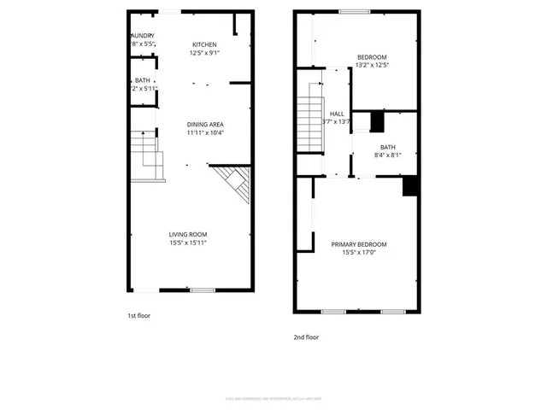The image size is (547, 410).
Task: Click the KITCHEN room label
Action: coord(204,44)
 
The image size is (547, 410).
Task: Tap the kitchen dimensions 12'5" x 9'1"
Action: coord(204,53)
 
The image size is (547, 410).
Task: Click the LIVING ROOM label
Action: coord(188,235)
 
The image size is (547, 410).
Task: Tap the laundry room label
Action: coord(142,36)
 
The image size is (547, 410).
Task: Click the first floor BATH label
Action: coord(142,80)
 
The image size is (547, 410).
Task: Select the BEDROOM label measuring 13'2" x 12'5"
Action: coord(372,57)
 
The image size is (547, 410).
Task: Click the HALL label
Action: coord(337,113)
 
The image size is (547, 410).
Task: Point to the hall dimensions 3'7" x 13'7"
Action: coord(337,121)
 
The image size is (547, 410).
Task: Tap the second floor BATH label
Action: coord(388,147)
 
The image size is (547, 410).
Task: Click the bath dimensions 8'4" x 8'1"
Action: coord(388,155)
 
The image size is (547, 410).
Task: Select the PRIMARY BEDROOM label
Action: coord(359,244)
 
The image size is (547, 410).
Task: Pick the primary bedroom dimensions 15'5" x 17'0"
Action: coord(359,253)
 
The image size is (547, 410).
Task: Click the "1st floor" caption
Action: coord(138,315)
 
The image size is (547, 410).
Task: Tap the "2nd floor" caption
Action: coord(306,337)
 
